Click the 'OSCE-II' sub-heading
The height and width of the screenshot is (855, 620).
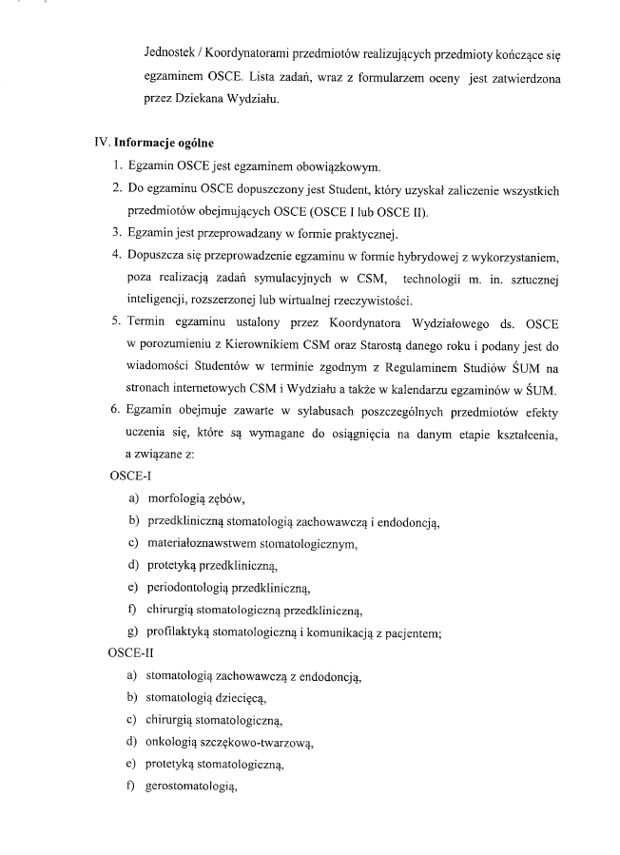click(133, 653)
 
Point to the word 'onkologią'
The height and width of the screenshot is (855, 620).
click(173, 742)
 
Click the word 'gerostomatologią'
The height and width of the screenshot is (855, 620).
click(190, 787)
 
